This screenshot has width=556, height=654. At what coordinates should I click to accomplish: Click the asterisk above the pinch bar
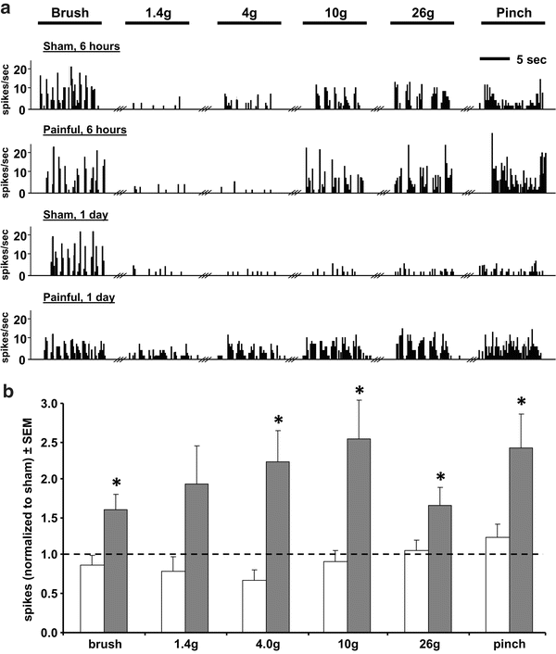(x=521, y=402)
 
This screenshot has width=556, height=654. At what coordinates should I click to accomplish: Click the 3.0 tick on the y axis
(x=59, y=404)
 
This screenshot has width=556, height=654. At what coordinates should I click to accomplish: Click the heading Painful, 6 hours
(x=84, y=130)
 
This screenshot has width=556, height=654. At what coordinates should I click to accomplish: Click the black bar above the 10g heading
(x=331, y=21)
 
